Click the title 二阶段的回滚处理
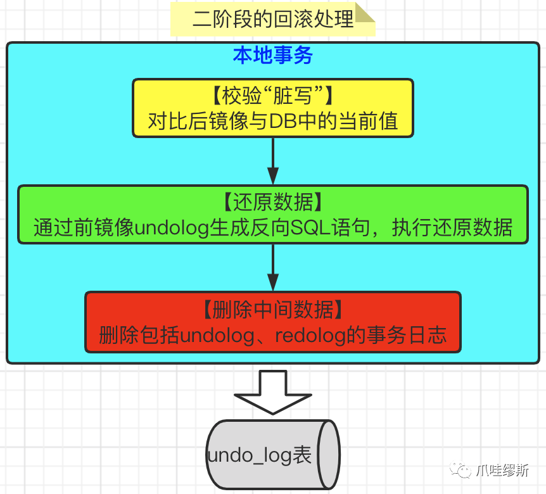coord(272,19)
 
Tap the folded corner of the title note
coord(365,12)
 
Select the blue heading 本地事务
coord(273,56)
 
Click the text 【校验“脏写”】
coord(272,96)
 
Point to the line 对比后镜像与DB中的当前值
coord(273,120)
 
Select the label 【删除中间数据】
coord(273,309)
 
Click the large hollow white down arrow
coord(273,391)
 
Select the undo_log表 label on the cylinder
coord(259,455)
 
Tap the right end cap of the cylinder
coord(329,454)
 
